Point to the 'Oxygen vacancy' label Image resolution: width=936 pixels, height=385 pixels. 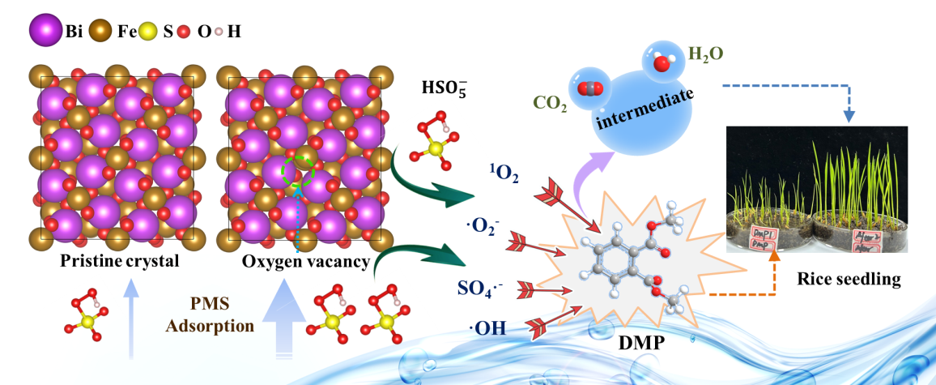click(x=305, y=263)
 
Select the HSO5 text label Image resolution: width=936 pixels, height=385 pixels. click(x=443, y=87)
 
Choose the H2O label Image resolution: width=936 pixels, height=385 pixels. click(x=705, y=55)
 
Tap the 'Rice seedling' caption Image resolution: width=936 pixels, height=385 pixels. click(x=848, y=280)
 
